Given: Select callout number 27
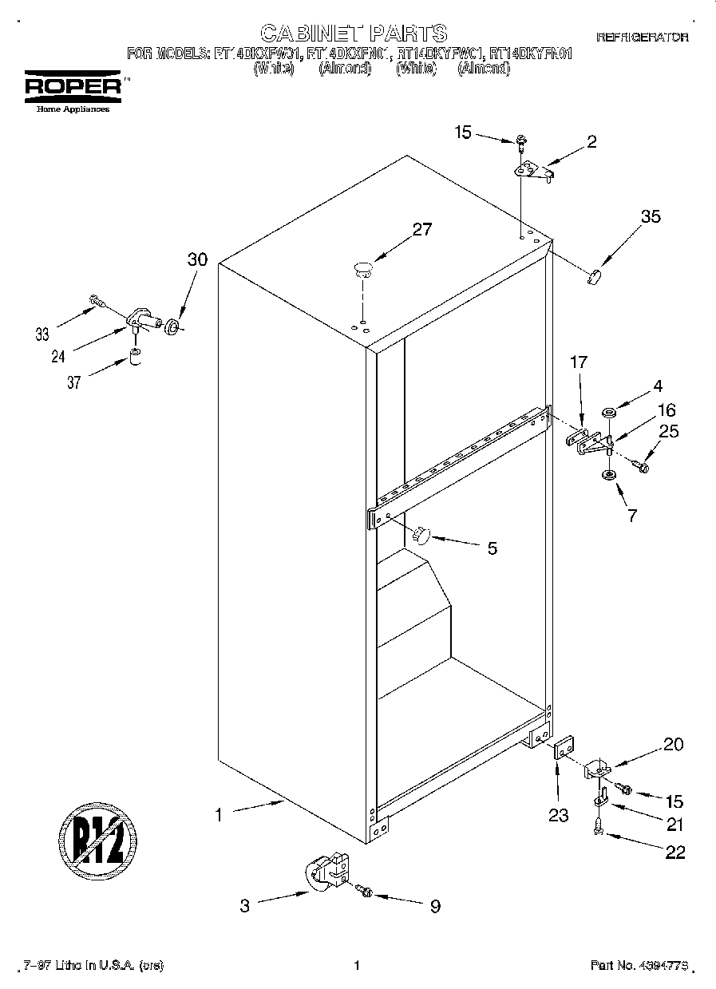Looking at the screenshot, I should tap(421, 229).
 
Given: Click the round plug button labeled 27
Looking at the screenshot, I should tap(363, 268).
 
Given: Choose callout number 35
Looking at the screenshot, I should tap(651, 216).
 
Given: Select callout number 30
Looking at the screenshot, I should tap(196, 259).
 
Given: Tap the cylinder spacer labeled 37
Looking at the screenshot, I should tap(136, 354).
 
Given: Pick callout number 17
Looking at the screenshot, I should tap(578, 362).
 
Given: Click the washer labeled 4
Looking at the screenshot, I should tap(610, 413).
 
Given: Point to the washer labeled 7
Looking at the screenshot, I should tap(608, 476).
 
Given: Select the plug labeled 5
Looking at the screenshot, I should tap(421, 533).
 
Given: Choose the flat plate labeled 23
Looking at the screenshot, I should tap(563, 751).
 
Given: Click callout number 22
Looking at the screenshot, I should tap(674, 852).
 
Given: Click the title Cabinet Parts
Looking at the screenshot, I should tap(354, 33).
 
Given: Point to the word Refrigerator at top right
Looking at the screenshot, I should tap(642, 38).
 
